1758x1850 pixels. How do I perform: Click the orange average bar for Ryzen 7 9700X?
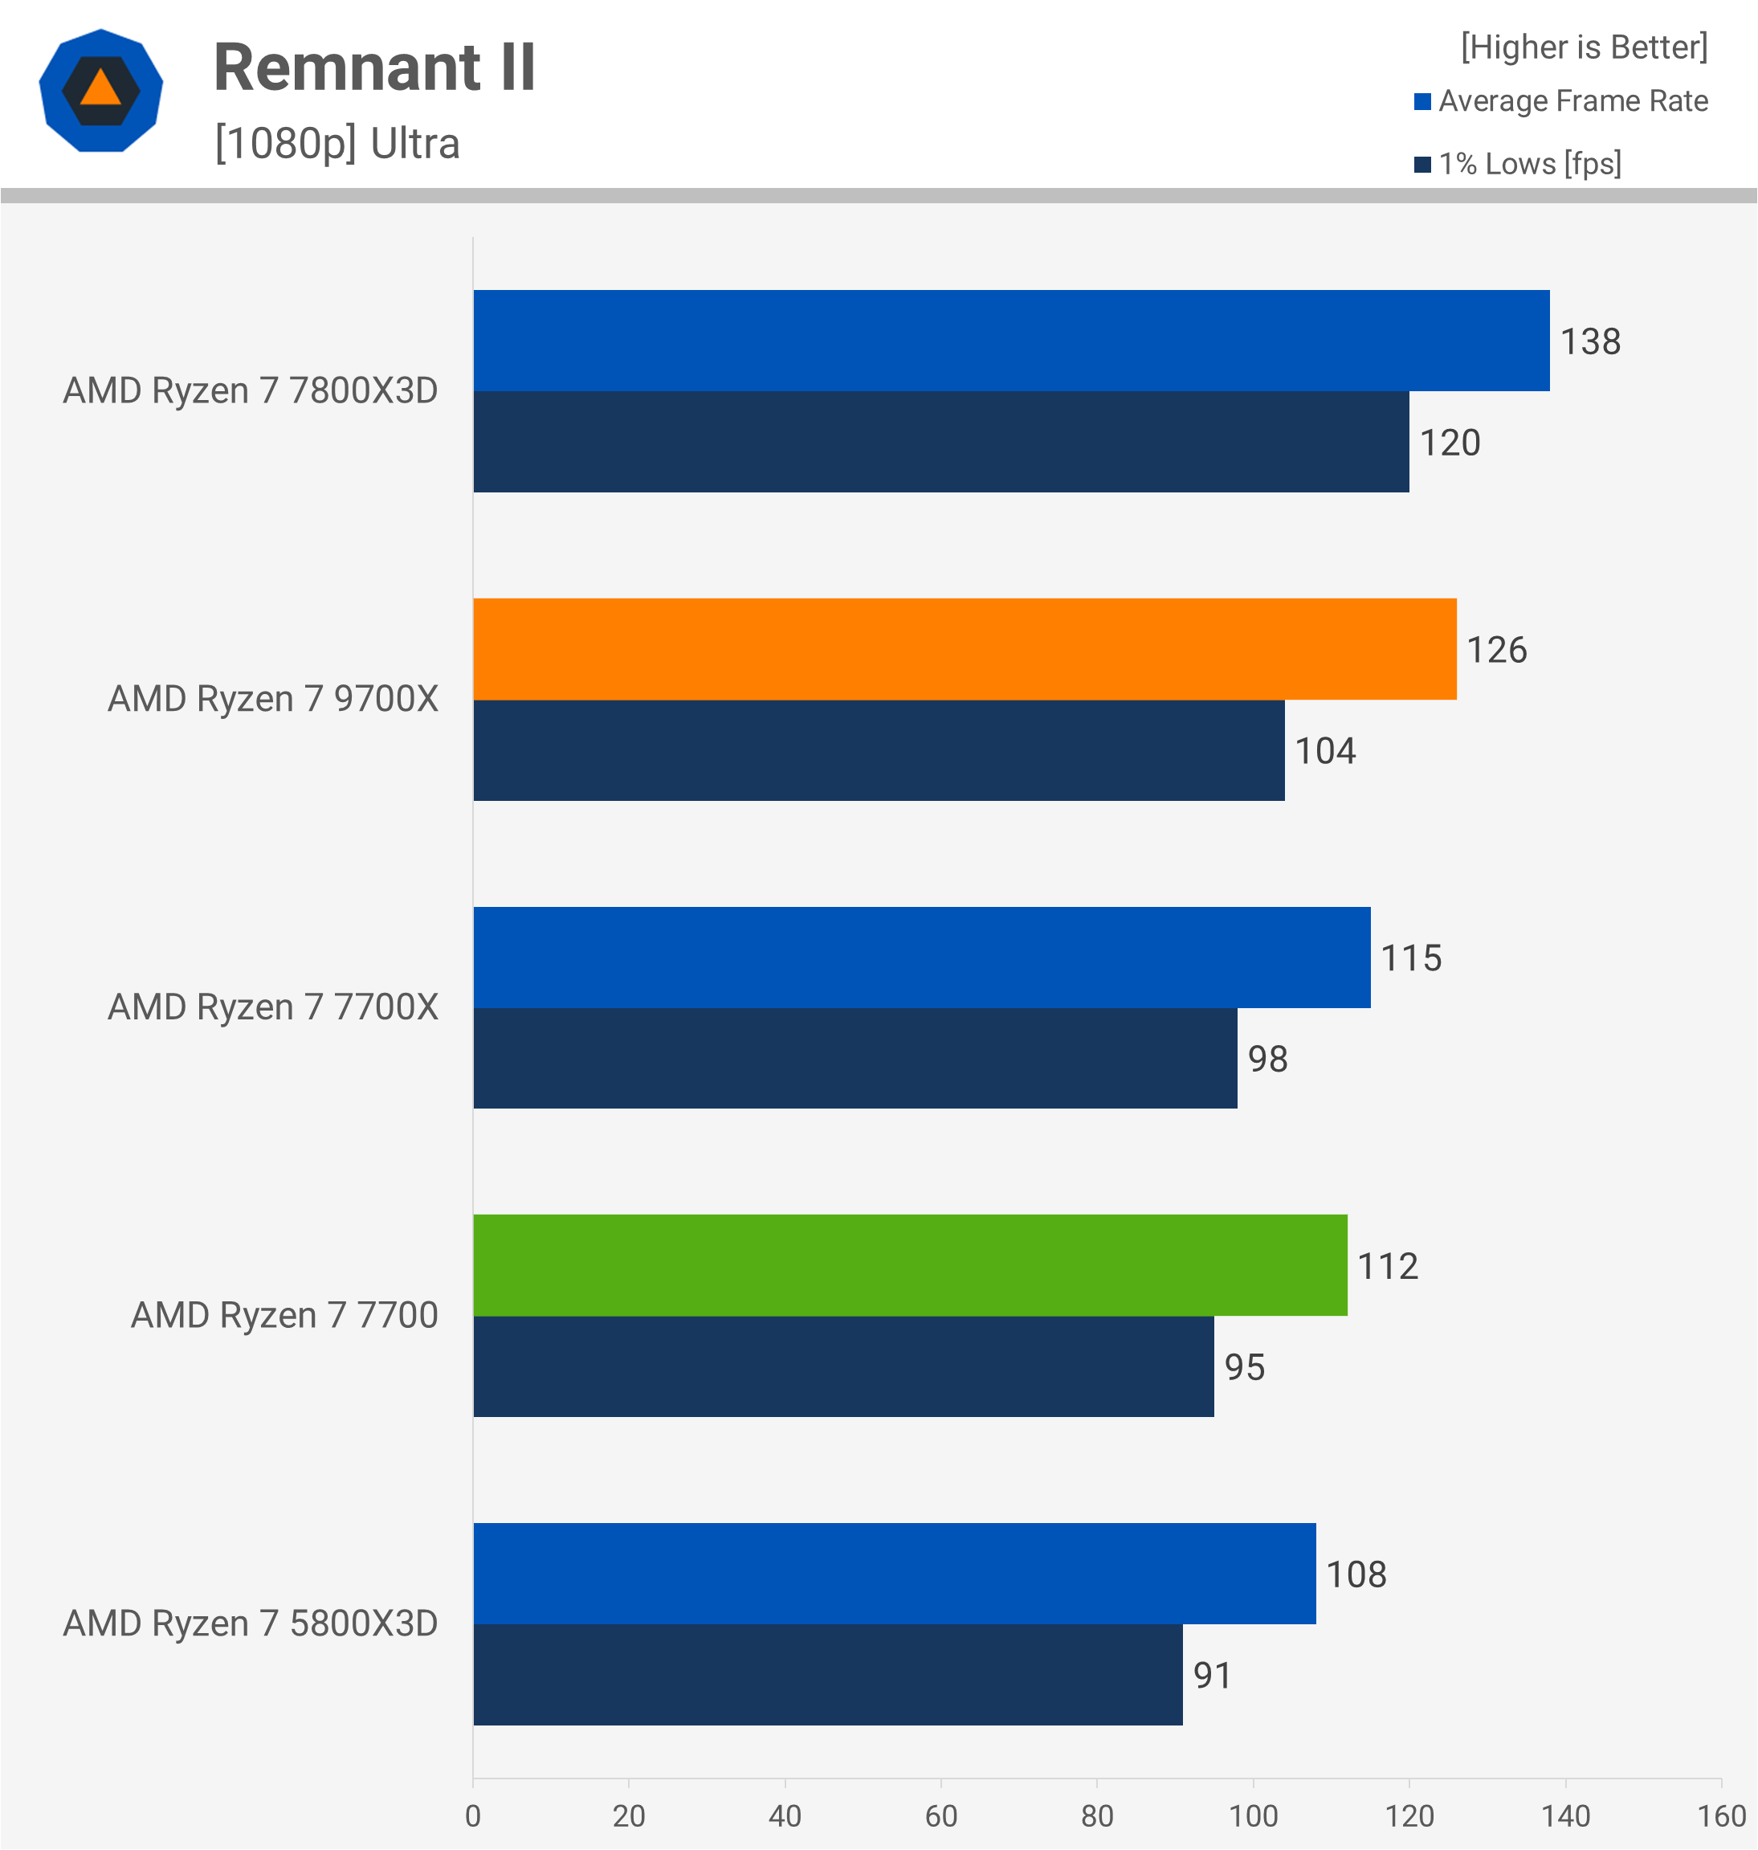coord(965,648)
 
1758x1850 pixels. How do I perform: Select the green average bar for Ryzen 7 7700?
coord(910,1265)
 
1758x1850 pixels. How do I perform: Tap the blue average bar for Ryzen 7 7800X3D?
coord(1011,341)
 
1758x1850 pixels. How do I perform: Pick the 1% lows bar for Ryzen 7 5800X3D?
coord(827,1675)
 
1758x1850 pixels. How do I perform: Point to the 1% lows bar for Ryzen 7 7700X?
coord(855,1058)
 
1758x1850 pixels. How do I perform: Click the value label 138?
coord(1590,342)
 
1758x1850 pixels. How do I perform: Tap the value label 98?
coord(1267,1059)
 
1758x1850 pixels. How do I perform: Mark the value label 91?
coord(1212,1676)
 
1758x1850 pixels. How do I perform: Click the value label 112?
coord(1388,1266)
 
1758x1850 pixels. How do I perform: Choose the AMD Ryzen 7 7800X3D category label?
coord(251,390)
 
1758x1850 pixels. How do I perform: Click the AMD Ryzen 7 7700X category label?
coord(273,1007)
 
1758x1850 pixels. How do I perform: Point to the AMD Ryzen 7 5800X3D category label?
coord(251,1624)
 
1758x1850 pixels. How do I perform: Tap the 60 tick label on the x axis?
coord(941,1816)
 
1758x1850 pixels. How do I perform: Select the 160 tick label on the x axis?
coord(1720,1816)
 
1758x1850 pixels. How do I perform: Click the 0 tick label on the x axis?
coord(473,1816)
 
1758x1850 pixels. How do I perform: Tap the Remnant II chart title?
coord(375,67)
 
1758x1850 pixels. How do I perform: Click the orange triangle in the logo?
coord(100,89)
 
